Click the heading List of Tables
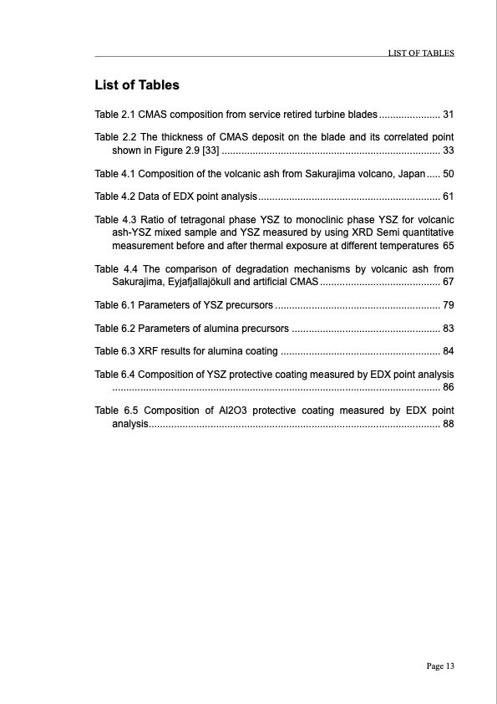point(137,85)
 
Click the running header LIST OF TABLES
point(421,53)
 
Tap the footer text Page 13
point(439,666)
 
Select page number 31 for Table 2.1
point(448,114)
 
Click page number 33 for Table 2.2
point(448,150)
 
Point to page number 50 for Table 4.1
point(448,174)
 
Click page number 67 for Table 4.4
point(448,282)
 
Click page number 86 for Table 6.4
point(448,387)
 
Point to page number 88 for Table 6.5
point(448,425)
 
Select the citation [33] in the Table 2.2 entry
point(210,150)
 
